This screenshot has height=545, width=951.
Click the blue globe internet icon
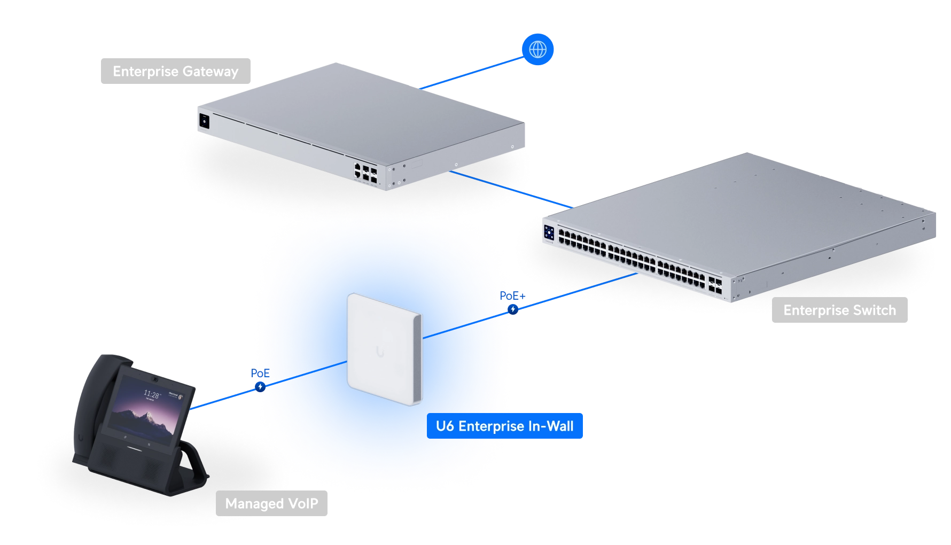pos(537,50)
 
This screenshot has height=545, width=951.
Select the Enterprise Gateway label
pos(176,71)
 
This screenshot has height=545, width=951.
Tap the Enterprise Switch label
pos(839,310)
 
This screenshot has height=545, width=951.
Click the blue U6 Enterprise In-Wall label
pos(505,426)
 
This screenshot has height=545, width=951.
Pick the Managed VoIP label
pos(271,503)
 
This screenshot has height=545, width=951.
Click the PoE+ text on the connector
pos(512,296)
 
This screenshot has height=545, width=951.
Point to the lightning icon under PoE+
pos(513,309)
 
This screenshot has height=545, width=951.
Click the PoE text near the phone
pos(260,373)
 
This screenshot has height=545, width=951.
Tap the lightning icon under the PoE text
pos(260,387)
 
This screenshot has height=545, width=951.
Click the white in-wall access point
pos(384,349)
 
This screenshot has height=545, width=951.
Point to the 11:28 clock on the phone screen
pos(151,394)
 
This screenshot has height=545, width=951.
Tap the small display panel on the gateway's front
pos(204,121)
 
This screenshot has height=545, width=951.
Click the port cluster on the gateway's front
pos(365,173)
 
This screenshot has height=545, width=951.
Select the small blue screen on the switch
pos(549,232)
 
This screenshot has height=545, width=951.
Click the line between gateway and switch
pos(511,189)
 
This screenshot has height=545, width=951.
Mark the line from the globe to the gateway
pos(472,73)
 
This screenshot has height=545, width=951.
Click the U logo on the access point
pos(380,352)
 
